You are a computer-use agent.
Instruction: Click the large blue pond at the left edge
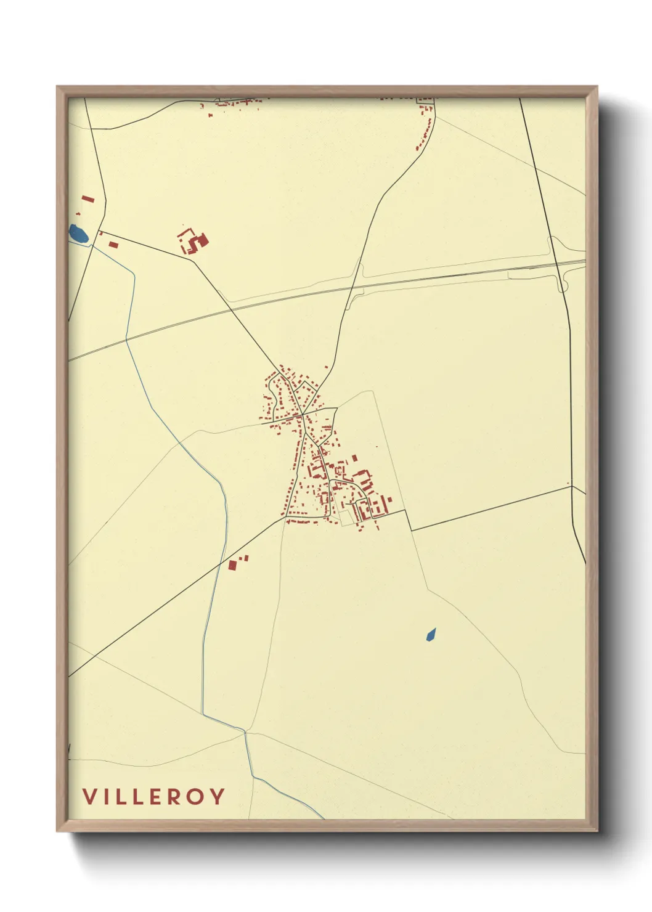click(x=78, y=234)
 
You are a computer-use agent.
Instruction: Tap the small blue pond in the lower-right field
click(x=431, y=634)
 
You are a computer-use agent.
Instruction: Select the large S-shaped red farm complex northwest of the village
click(x=194, y=241)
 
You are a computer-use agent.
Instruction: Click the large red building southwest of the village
click(x=233, y=564)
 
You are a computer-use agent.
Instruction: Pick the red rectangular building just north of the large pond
click(x=88, y=200)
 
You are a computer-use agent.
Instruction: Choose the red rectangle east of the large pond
click(x=113, y=245)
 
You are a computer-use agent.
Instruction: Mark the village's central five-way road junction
click(x=303, y=414)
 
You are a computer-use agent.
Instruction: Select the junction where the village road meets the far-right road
click(x=573, y=486)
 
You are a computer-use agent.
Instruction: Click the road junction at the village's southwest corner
click(x=285, y=519)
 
